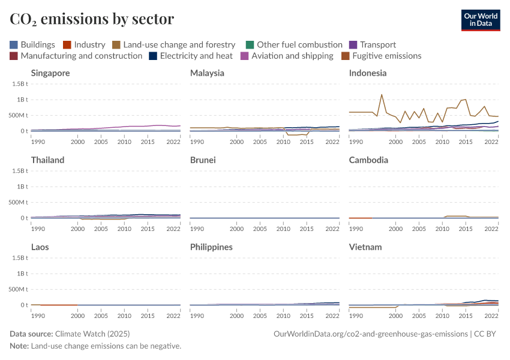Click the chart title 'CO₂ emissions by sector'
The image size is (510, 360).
92,19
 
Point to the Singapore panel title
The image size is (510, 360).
50,73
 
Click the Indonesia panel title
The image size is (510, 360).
368,73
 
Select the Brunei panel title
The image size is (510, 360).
203,160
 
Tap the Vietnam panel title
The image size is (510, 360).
365,247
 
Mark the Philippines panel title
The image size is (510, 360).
211,247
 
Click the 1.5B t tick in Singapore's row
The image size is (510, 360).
17,83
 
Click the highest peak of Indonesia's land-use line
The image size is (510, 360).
382,94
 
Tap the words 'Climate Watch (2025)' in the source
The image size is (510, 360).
92,334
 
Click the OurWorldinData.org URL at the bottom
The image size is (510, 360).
370,334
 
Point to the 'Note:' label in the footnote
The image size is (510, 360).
19,346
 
